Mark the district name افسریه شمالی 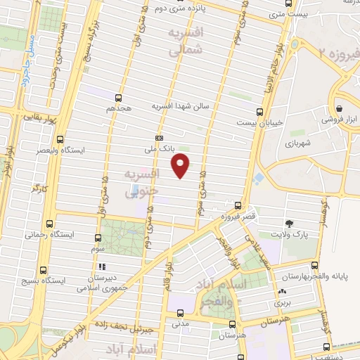(188, 40)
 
